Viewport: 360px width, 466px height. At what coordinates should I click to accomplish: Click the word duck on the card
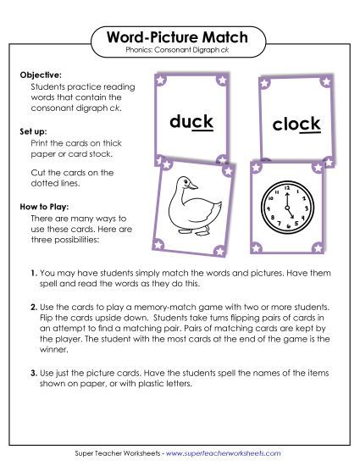click(x=191, y=121)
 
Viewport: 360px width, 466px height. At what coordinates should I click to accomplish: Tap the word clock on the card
click(x=296, y=125)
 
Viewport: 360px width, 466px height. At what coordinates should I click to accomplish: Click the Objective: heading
click(x=41, y=75)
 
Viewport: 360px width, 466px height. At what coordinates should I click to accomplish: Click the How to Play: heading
click(x=46, y=206)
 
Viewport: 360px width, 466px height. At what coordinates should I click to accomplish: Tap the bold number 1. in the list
click(x=35, y=273)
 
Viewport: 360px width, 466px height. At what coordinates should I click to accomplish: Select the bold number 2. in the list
click(x=35, y=305)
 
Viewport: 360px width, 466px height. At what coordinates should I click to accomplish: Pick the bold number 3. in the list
click(x=35, y=373)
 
